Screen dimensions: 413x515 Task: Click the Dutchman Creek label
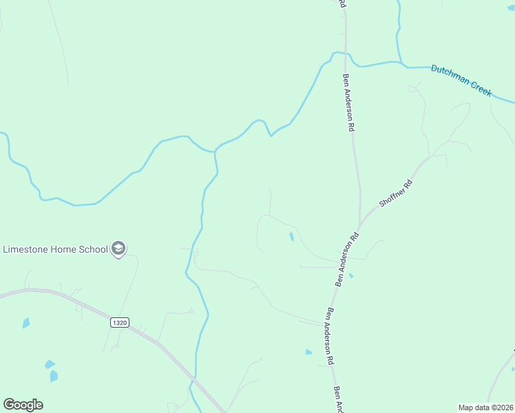click(461, 80)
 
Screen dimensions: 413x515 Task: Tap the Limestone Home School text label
click(56, 249)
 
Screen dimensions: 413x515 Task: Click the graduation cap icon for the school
click(118, 248)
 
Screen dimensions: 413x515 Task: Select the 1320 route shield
click(119, 322)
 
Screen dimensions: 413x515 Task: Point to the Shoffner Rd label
click(395, 194)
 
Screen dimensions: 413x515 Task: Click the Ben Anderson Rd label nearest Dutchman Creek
click(349, 103)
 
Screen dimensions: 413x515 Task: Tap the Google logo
click(23, 405)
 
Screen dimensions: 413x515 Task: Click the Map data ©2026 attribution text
click(486, 407)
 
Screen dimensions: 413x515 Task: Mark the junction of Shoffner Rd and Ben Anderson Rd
click(359, 226)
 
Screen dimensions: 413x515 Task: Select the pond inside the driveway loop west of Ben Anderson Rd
click(291, 237)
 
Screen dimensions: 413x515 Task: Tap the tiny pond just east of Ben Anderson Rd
click(351, 276)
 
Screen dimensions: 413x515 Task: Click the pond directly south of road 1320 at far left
click(26, 322)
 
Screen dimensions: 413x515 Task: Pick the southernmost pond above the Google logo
click(54, 376)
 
